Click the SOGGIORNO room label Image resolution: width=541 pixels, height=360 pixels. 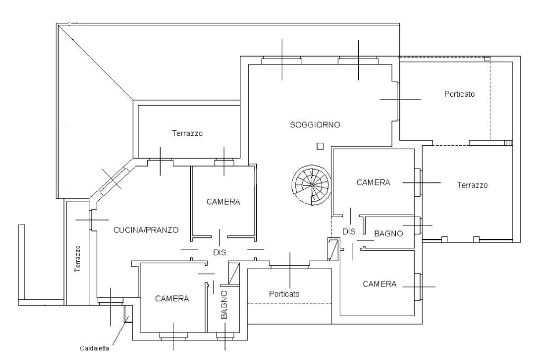[x=315, y=125]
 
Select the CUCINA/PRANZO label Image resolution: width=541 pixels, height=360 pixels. [x=146, y=230]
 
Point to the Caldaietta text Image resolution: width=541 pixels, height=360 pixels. [x=95, y=348]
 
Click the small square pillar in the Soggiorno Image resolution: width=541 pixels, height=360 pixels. [x=320, y=146]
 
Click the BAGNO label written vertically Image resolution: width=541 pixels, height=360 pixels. [x=224, y=305]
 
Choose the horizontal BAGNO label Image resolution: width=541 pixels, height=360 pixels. [x=388, y=234]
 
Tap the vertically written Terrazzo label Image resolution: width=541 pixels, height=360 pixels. [x=78, y=259]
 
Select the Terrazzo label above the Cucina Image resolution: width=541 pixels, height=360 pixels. [x=188, y=133]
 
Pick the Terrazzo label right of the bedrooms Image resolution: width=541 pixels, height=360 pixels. [x=472, y=185]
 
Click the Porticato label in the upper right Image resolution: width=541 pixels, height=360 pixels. [x=459, y=94]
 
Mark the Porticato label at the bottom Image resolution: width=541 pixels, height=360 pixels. [x=284, y=294]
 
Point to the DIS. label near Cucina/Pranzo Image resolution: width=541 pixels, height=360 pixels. [x=221, y=253]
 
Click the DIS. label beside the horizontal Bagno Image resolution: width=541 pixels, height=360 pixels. [x=350, y=232]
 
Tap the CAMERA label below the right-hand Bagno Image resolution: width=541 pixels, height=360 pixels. [x=379, y=284]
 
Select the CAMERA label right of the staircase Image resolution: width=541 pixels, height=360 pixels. [x=374, y=182]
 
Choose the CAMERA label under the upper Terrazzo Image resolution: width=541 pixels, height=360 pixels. [x=223, y=201]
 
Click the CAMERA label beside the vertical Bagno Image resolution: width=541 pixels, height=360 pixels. [x=172, y=299]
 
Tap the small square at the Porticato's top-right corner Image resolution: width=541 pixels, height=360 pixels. [x=487, y=59]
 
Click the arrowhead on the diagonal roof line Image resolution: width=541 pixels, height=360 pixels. [x=73, y=39]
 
